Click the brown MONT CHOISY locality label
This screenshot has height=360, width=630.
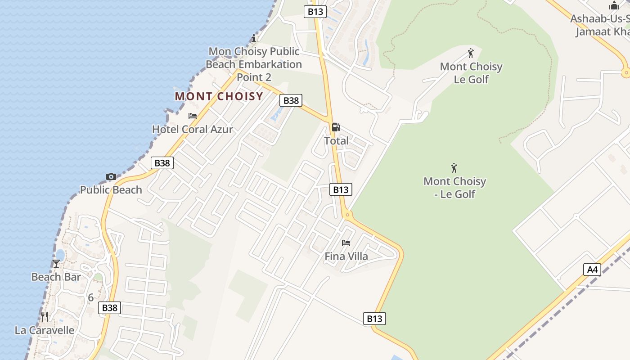(219, 96)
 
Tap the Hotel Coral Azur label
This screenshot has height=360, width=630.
(193, 129)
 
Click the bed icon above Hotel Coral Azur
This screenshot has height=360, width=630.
(193, 116)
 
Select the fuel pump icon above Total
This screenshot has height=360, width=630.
(336, 127)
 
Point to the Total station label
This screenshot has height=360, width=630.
(336, 141)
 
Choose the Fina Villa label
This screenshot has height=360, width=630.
(346, 256)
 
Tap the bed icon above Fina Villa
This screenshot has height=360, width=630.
(346, 243)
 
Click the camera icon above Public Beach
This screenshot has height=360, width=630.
(111, 176)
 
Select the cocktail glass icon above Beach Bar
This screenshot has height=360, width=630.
(56, 264)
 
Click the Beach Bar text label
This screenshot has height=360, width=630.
(56, 277)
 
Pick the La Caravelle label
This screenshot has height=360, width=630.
(45, 330)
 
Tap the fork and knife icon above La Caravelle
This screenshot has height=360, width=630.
(45, 317)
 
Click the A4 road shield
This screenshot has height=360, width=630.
(592, 270)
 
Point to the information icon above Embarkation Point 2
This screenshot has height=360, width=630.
(254, 38)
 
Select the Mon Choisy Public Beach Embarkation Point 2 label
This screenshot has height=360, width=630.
(254, 64)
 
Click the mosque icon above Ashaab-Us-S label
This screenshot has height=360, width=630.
(614, 6)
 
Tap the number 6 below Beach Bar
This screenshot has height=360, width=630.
(91, 297)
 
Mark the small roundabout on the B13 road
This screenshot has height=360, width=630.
(347, 215)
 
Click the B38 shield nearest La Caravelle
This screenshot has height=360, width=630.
(109, 308)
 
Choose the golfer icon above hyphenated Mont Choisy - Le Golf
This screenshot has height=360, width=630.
(454, 168)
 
